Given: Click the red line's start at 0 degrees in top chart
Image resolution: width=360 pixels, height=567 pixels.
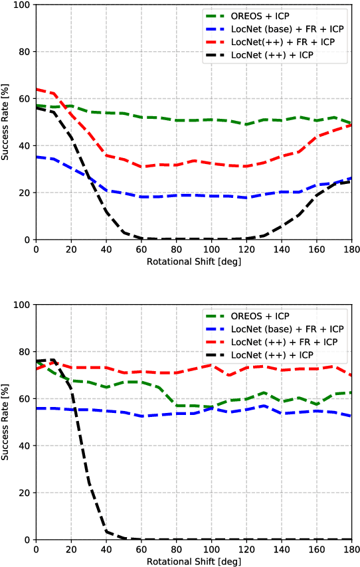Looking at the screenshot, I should (37, 89).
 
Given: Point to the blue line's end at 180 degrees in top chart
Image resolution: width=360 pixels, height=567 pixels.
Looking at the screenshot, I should (351, 178).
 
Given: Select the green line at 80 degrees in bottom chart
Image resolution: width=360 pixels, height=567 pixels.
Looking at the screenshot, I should (176, 405).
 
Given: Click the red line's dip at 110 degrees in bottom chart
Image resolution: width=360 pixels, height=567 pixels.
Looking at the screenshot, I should (228, 375).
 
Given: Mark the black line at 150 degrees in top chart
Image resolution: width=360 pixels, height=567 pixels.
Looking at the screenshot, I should (298, 215).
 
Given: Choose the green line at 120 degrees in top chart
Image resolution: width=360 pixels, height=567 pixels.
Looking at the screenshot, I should (246, 125).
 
